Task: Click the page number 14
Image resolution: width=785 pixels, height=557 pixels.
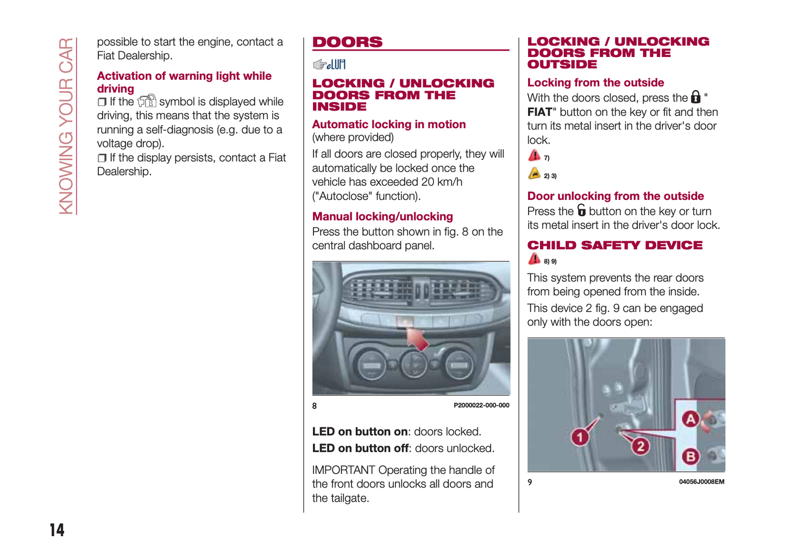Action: tap(57, 530)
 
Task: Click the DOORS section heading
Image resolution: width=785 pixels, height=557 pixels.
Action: tap(347, 42)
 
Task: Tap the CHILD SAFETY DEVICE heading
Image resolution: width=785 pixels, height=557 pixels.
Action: tap(614, 245)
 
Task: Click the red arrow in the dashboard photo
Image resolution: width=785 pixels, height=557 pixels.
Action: tap(417, 339)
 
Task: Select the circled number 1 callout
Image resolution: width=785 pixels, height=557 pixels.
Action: tap(580, 437)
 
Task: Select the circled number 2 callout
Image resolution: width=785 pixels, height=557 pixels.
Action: tap(640, 447)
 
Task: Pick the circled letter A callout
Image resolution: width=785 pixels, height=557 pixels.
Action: tap(690, 419)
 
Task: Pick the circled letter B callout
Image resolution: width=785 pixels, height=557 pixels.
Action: tap(690, 456)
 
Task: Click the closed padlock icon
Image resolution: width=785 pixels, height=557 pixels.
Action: tap(695, 97)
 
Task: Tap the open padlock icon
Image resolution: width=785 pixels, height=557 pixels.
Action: tap(581, 210)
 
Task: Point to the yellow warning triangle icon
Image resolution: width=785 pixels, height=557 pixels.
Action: tap(535, 174)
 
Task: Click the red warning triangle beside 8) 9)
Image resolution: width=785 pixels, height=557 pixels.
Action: tap(535, 259)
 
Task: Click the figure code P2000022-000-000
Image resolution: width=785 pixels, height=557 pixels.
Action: tap(481, 405)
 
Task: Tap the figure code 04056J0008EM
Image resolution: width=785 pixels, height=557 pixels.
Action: tap(701, 482)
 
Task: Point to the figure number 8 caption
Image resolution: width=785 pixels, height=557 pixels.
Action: tap(315, 406)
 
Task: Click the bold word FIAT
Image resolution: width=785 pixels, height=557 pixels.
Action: tap(539, 112)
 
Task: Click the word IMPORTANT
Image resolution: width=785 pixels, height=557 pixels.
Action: tap(343, 470)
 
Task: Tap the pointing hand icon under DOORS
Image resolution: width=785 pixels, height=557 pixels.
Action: tap(319, 65)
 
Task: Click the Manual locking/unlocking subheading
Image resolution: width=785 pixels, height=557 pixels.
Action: tap(382, 216)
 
